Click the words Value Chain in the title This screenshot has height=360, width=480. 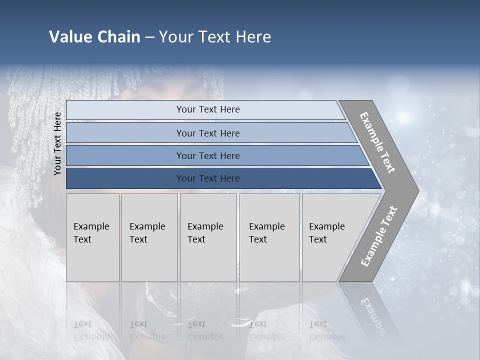94,37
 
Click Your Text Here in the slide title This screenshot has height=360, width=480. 215,37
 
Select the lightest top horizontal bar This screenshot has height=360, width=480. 207,109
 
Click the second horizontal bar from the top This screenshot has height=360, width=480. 207,133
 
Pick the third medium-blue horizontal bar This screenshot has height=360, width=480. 207,155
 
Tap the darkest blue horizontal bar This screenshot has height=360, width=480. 207,178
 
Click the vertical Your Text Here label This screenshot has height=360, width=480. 57,143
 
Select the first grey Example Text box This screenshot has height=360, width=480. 92,237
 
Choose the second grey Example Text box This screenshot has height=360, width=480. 149,237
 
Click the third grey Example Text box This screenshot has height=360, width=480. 208,237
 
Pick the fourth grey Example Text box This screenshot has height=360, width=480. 269,237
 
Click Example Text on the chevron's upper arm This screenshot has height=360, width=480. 378,142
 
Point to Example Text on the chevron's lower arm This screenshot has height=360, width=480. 378,236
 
